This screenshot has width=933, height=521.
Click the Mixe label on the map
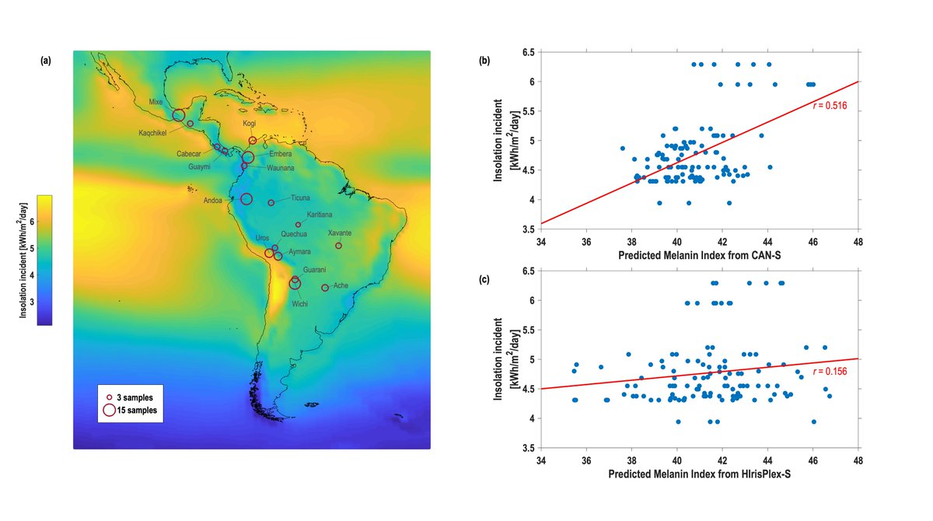pos(155,101)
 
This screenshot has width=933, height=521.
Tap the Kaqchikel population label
pos(154,131)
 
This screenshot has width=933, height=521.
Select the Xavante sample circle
pos(339,246)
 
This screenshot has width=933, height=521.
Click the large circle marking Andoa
pos(246,199)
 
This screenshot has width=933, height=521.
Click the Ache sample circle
pos(325,288)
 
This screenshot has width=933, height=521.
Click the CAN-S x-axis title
pos(699,256)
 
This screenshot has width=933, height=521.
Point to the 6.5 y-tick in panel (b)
pos(527,52)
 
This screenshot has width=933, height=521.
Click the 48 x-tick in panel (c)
pos(858,460)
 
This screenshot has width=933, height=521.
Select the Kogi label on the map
pos(249,123)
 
